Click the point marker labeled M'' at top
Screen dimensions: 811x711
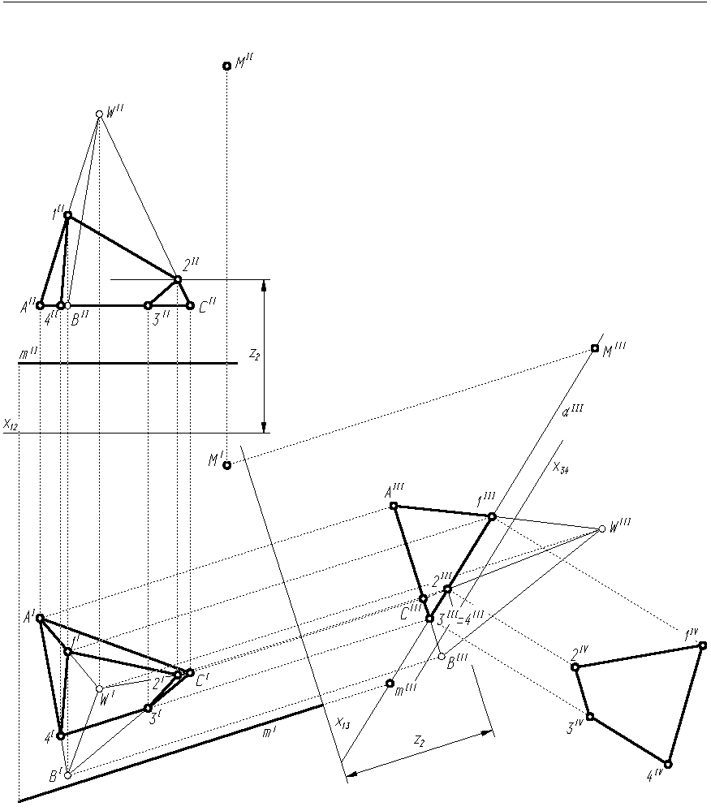pyautogui.click(x=226, y=66)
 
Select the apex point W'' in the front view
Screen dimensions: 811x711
pyautogui.click(x=99, y=114)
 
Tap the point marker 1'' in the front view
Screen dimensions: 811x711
pyautogui.click(x=68, y=215)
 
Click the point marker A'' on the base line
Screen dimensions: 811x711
pyautogui.click(x=40, y=306)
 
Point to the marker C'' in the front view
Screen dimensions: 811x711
pyautogui.click(x=190, y=306)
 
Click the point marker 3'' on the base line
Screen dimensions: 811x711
pyautogui.click(x=148, y=306)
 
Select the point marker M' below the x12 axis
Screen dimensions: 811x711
pyautogui.click(x=227, y=465)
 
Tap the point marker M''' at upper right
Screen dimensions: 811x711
pyautogui.click(x=595, y=348)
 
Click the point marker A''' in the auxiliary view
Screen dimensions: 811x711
pyautogui.click(x=394, y=506)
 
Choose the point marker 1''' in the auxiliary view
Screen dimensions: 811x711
pyautogui.click(x=492, y=516)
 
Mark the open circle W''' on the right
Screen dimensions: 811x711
pyautogui.click(x=601, y=529)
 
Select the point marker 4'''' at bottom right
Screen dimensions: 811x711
pyautogui.click(x=668, y=764)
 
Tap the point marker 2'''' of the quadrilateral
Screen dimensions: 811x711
pyautogui.click(x=575, y=667)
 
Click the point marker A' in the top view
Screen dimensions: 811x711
pyautogui.click(x=40, y=618)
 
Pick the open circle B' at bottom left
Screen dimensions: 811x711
pyautogui.click(x=68, y=775)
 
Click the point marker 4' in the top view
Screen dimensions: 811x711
pyautogui.click(x=60, y=736)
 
